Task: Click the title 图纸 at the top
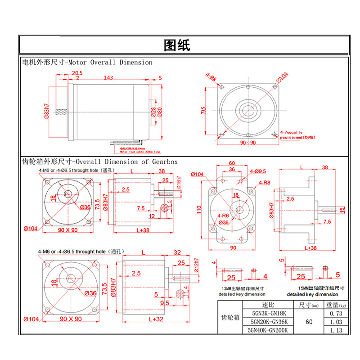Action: coord(177,45)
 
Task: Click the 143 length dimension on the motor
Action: coord(108,78)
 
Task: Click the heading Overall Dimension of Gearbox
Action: coord(126,161)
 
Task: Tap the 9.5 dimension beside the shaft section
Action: coord(164,303)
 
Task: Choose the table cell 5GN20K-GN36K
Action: coord(267,322)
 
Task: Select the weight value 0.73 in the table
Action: coord(336,313)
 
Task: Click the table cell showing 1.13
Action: coord(336,330)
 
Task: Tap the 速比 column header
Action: coord(267,305)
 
